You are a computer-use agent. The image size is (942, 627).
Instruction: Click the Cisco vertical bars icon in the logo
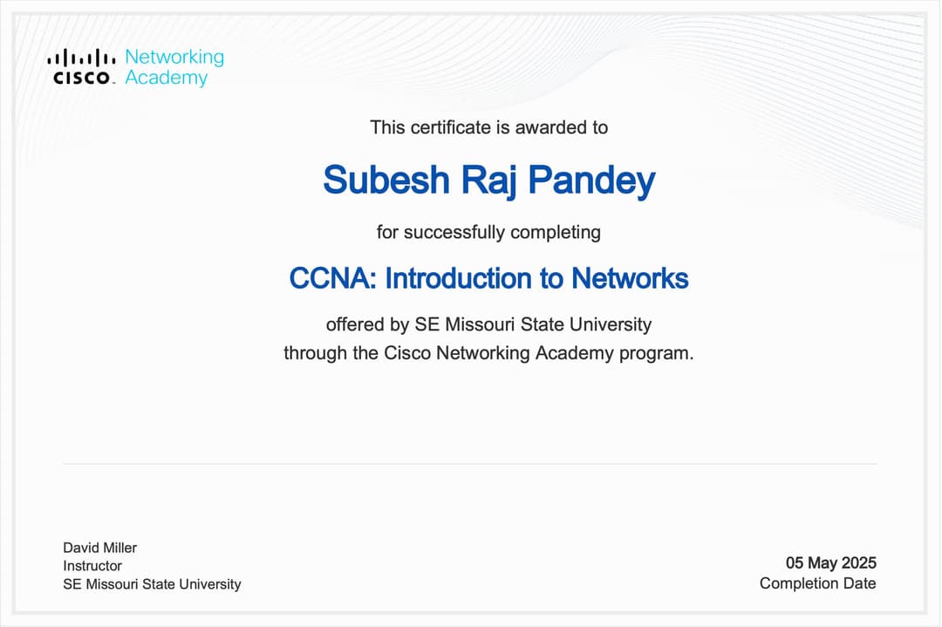coord(81,58)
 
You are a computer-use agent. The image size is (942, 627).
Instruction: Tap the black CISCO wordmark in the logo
coord(82,78)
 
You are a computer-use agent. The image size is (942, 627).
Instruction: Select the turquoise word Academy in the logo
coord(166,78)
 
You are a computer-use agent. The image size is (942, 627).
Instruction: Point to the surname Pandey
coord(591,181)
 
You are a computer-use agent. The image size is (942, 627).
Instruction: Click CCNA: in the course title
coord(333,279)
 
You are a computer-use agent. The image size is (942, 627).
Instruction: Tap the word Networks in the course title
coord(630,279)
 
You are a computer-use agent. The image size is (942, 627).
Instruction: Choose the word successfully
coord(453,233)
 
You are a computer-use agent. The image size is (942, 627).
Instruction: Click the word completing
coord(556,233)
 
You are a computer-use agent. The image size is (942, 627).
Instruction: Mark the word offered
coord(355,325)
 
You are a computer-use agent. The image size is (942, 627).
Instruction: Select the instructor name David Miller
coord(99,548)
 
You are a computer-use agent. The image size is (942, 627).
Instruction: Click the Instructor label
coord(92,566)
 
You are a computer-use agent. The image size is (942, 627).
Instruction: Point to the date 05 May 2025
coord(830,563)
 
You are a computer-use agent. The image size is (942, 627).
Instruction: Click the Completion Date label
coord(817,583)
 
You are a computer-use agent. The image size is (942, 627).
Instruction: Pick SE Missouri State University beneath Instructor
coord(152,584)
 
